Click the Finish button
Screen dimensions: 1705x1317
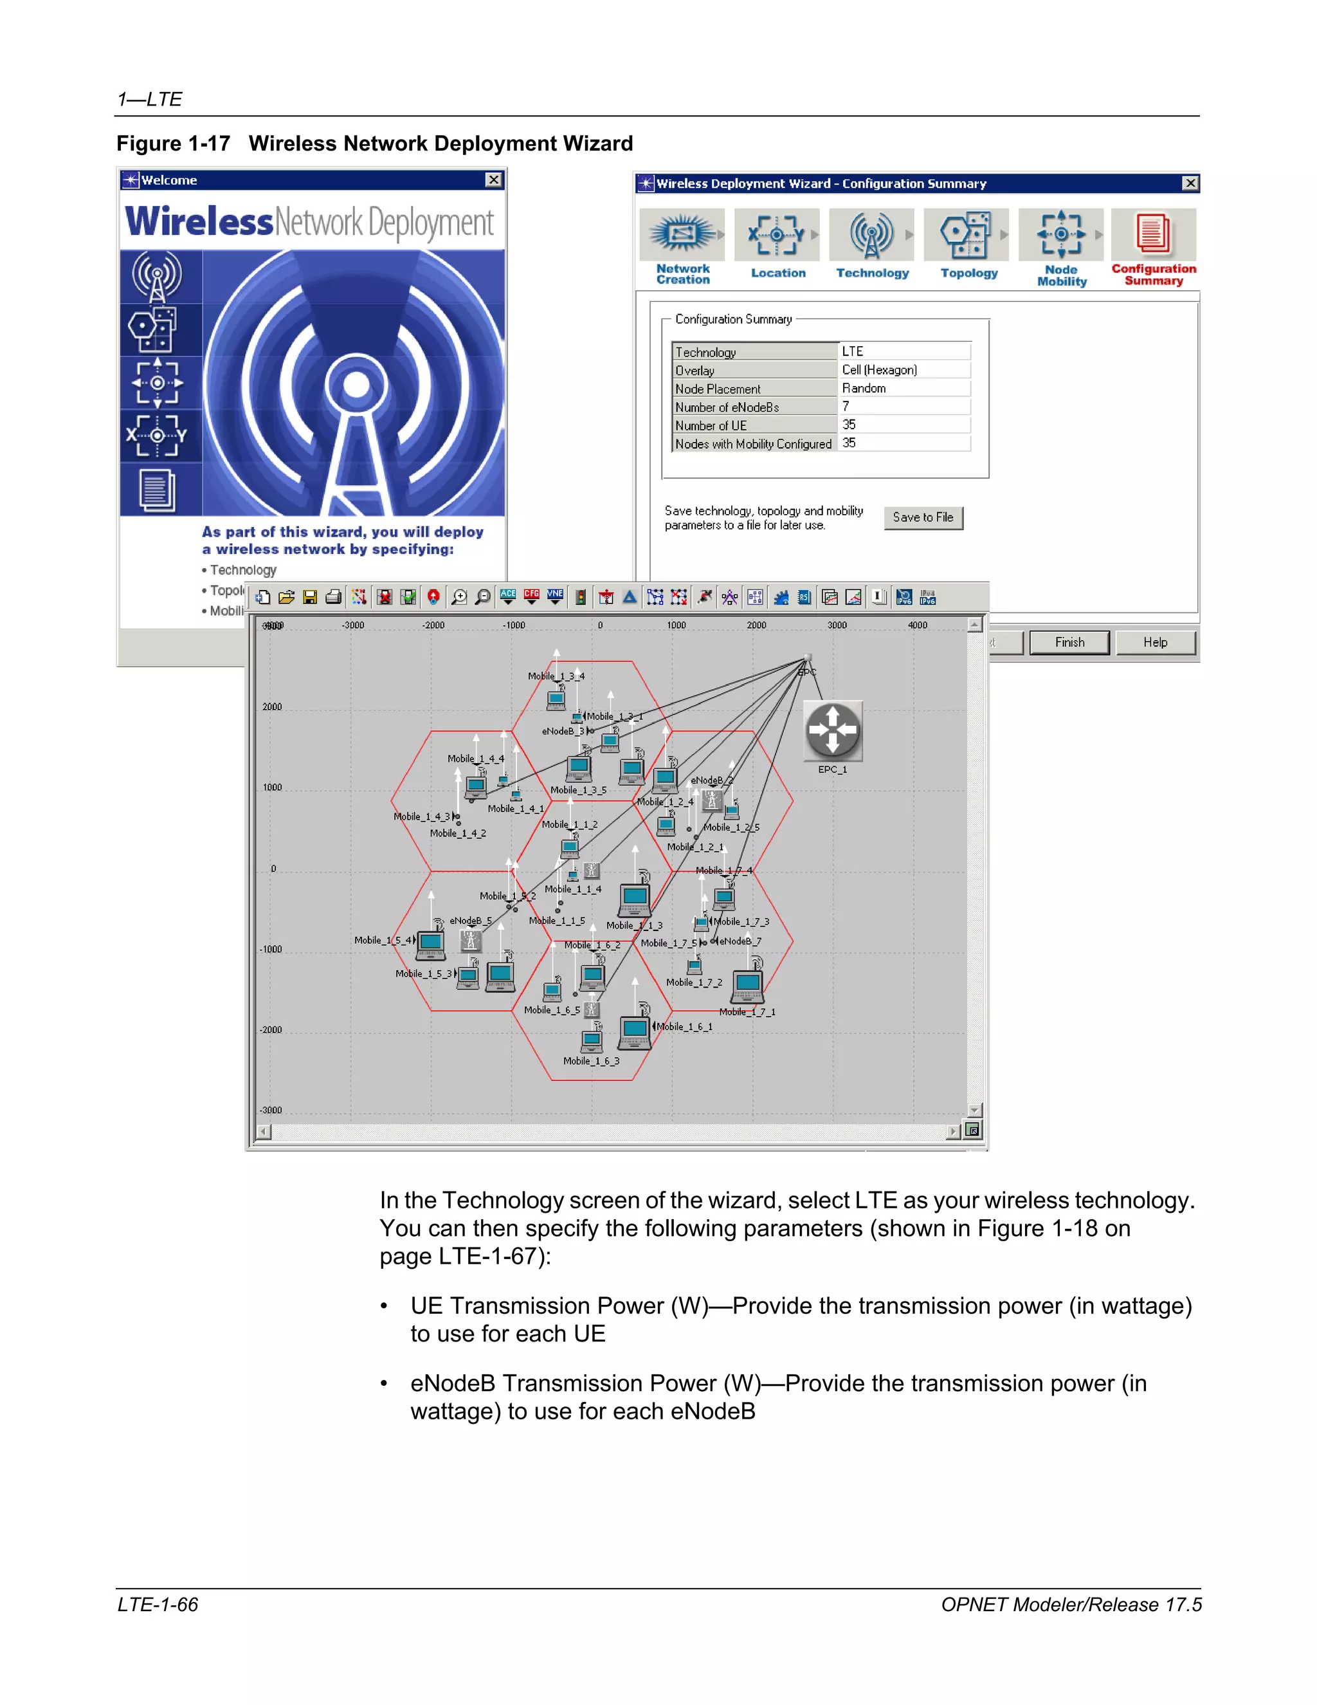point(1069,643)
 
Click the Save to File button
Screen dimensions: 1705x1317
point(923,517)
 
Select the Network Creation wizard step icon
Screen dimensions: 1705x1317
point(682,234)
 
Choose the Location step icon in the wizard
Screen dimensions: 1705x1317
point(777,234)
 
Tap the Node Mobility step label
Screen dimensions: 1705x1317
point(1061,275)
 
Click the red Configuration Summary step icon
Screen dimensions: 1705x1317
point(1153,234)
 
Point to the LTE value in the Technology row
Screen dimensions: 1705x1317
point(852,351)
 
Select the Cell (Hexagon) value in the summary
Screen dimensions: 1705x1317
point(879,370)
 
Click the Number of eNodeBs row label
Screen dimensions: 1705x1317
point(727,407)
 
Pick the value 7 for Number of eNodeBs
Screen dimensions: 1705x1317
point(846,406)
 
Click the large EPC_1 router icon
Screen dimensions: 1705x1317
point(833,731)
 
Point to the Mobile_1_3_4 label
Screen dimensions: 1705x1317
point(556,676)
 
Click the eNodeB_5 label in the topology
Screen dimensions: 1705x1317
point(471,921)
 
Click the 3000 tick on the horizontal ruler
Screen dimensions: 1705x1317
point(837,625)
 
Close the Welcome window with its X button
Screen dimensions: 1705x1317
point(494,180)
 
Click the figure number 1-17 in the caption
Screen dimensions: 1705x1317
point(209,143)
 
